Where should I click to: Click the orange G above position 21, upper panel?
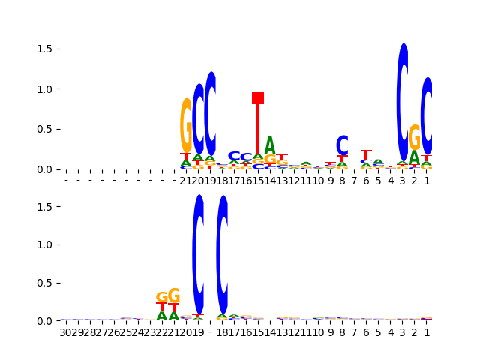pyautogui.click(x=186, y=125)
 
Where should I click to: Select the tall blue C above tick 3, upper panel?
pyautogui.click(x=403, y=101)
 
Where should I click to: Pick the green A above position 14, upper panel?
pyautogui.click(x=270, y=146)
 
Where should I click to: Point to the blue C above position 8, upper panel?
pyautogui.click(x=342, y=145)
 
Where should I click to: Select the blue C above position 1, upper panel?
pyautogui.click(x=427, y=116)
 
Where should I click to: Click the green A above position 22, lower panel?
pyautogui.click(x=162, y=316)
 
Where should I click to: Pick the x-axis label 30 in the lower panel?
pyautogui.click(x=66, y=332)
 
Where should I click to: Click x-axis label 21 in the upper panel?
pyautogui.click(x=186, y=181)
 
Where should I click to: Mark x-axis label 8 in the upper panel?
pyautogui.click(x=342, y=181)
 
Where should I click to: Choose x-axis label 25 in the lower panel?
pyautogui.click(x=126, y=332)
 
